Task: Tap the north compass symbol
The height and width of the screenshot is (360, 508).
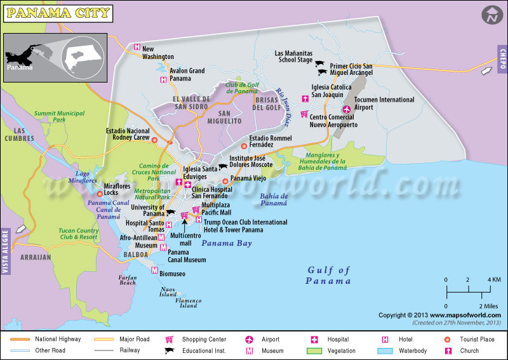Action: coord(491,15)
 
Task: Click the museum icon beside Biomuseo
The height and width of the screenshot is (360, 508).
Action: coord(154,270)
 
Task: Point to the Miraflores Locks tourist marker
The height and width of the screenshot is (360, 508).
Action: coord(100,194)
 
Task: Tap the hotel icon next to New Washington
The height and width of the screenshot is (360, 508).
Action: coord(137,47)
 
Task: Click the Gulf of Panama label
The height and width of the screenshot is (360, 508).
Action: coord(328,276)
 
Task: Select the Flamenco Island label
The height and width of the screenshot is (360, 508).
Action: coord(188,302)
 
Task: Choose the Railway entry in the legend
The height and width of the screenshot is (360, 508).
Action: coord(130,350)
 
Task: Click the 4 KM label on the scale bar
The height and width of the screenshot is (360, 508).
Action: coord(494,280)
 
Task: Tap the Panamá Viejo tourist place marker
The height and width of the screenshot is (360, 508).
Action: coord(225,180)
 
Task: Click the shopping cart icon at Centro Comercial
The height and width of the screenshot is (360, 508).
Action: coord(304,114)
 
